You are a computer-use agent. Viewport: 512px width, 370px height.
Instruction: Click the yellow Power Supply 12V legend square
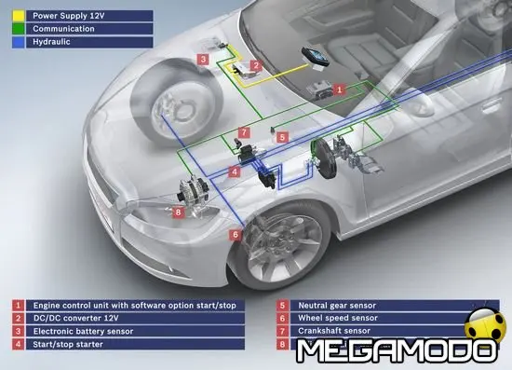pos(18,16)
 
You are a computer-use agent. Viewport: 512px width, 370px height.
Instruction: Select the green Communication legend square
pos(18,29)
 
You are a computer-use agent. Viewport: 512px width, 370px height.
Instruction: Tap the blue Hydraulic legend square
pos(18,42)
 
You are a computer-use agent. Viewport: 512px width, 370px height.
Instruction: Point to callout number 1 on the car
pos(340,89)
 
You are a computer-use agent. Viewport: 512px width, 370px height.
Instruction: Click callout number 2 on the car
pos(255,65)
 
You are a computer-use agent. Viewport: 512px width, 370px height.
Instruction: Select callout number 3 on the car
pos(203,60)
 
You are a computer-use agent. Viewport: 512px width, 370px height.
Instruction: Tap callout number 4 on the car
pos(236,172)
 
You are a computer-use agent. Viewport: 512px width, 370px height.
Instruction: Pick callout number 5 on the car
pos(282,137)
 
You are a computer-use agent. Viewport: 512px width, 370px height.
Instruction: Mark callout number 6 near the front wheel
pos(236,234)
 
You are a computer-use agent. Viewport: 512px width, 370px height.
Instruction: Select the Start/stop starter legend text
pos(70,344)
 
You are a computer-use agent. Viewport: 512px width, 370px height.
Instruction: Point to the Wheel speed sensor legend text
pos(341,318)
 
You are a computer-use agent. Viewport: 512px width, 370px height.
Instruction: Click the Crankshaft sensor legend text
pos(336,331)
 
